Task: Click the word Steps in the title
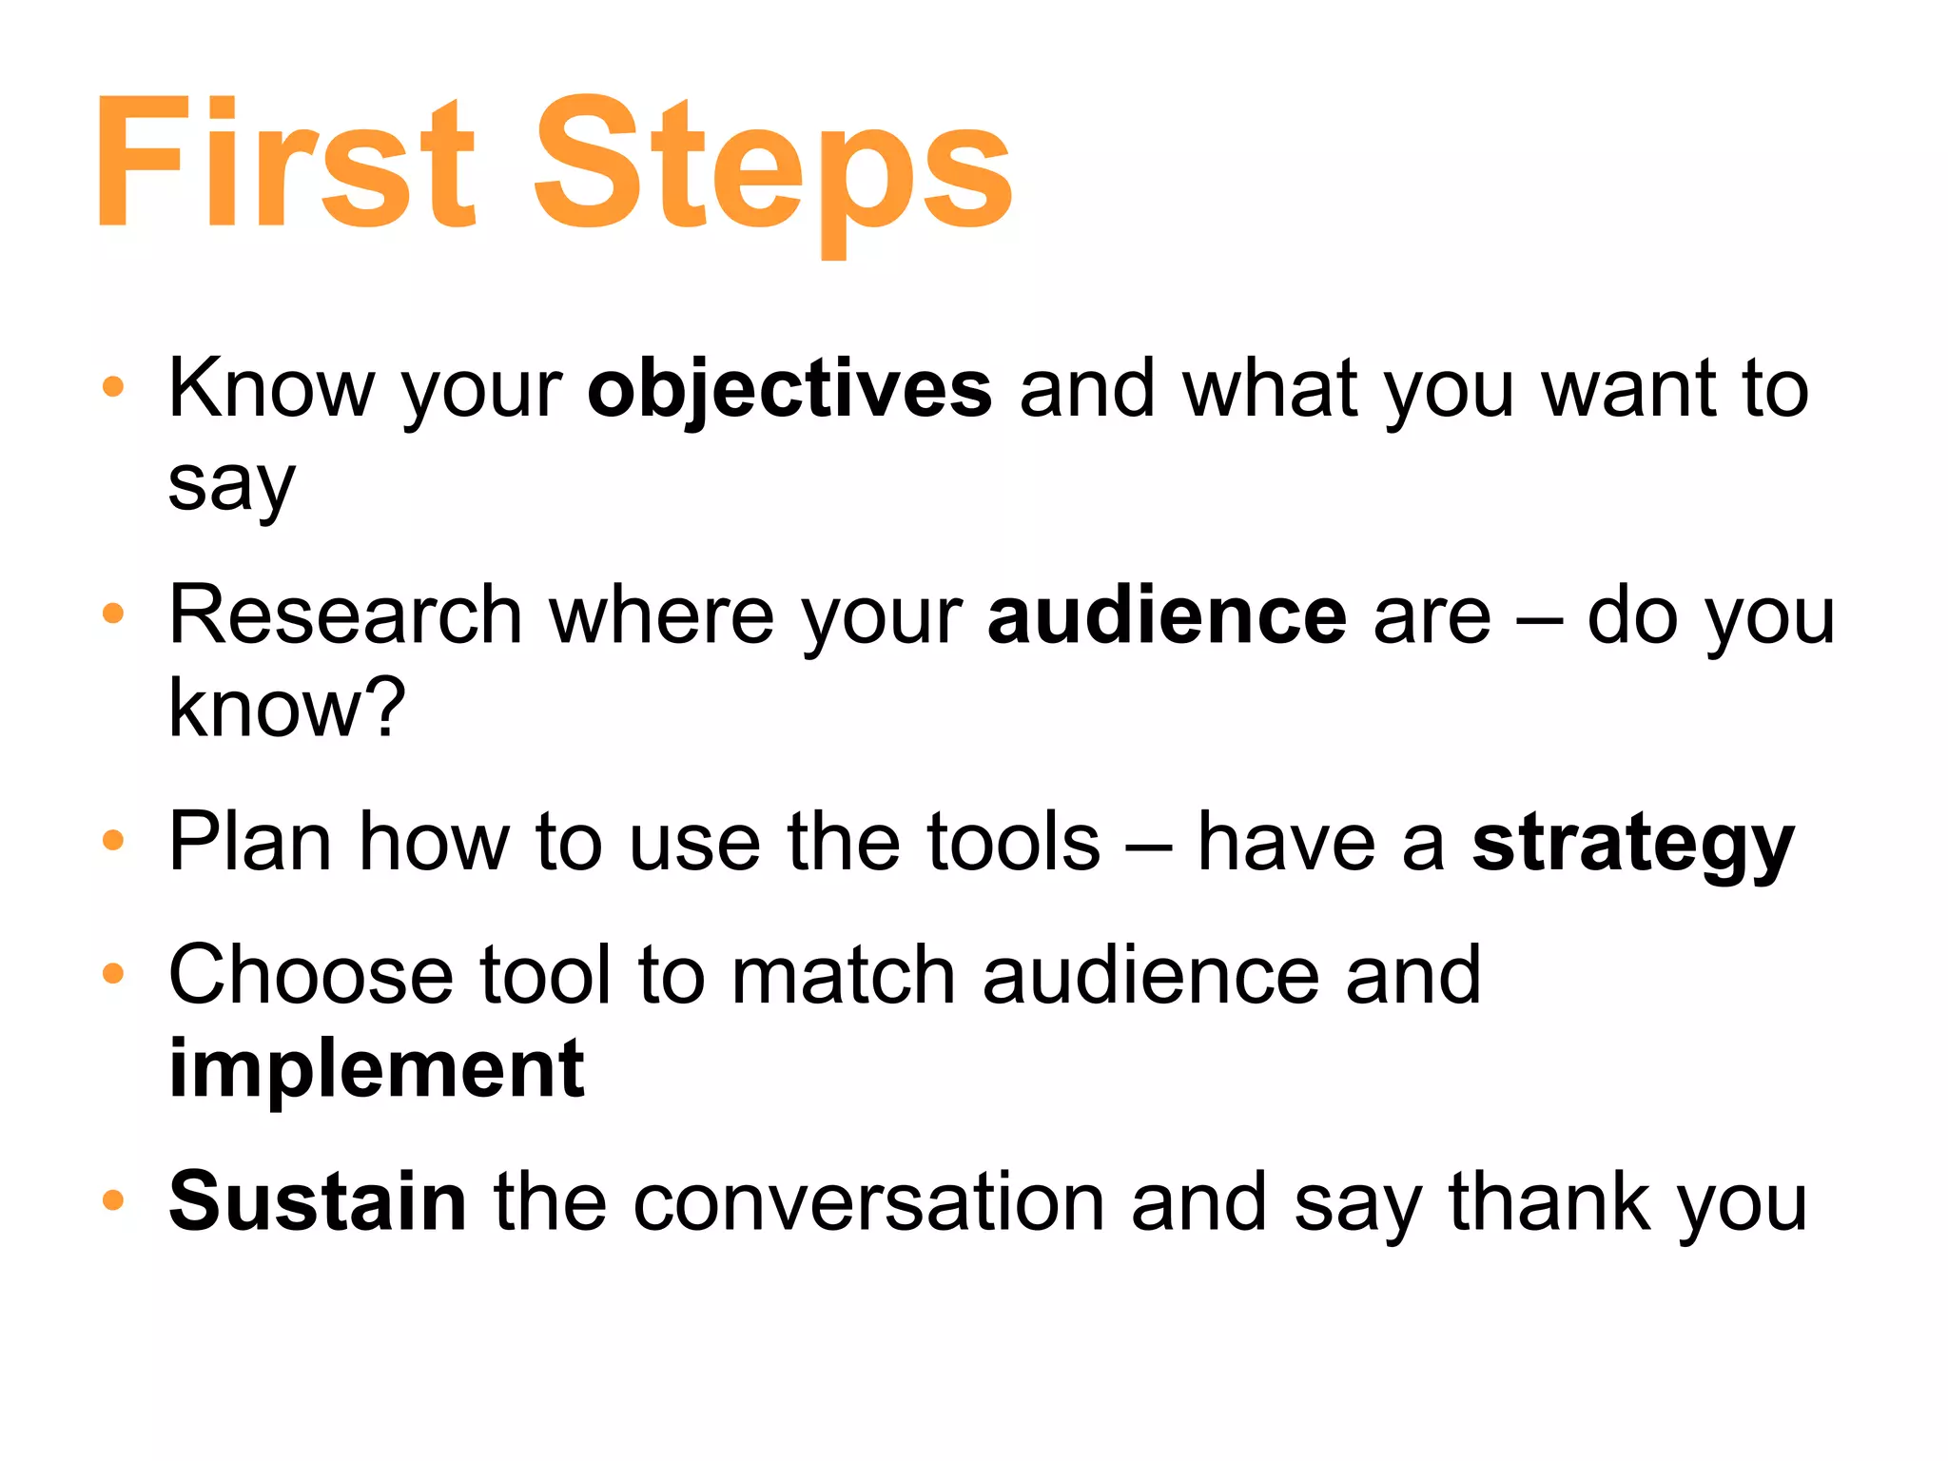click(x=772, y=166)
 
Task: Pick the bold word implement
click(x=377, y=1069)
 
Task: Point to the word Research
click(x=345, y=615)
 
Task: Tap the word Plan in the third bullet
click(x=250, y=842)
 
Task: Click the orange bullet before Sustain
click(x=113, y=1199)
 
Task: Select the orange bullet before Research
click(x=113, y=614)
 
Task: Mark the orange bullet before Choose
click(x=113, y=973)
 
